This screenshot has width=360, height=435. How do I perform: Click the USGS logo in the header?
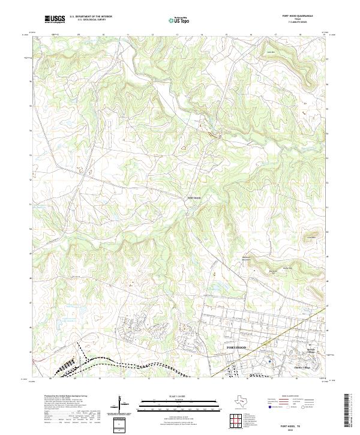click(x=55, y=19)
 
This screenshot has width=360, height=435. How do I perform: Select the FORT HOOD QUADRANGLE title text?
click(x=300, y=16)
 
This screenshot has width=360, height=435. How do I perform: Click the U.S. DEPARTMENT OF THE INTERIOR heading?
click(x=91, y=17)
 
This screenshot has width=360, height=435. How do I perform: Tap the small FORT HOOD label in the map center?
click(x=194, y=197)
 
